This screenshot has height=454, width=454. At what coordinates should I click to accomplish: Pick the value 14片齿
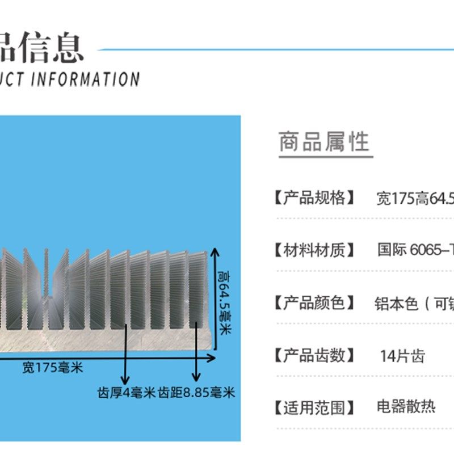(x=402, y=356)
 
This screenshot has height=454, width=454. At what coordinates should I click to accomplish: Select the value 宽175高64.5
(x=415, y=199)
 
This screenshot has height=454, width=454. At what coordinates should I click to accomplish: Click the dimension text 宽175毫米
(x=53, y=368)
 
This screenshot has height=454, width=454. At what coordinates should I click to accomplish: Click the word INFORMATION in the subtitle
(x=85, y=79)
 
